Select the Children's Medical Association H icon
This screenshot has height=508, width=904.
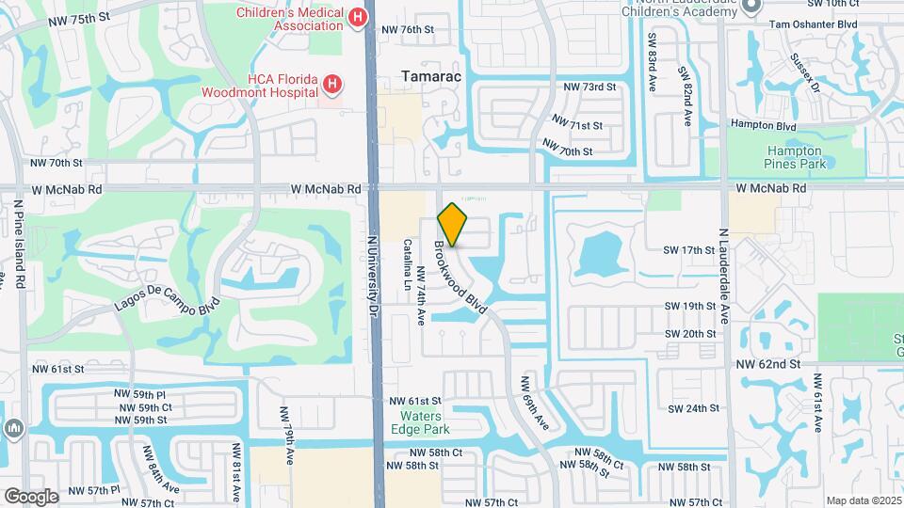357,17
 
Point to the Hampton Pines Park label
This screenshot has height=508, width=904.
794,156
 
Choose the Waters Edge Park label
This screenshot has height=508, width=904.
425,422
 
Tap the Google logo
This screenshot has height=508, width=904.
31,496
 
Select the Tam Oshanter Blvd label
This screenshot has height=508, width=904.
813,24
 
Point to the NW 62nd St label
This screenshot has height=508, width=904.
767,363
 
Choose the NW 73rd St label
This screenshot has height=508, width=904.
589,87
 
